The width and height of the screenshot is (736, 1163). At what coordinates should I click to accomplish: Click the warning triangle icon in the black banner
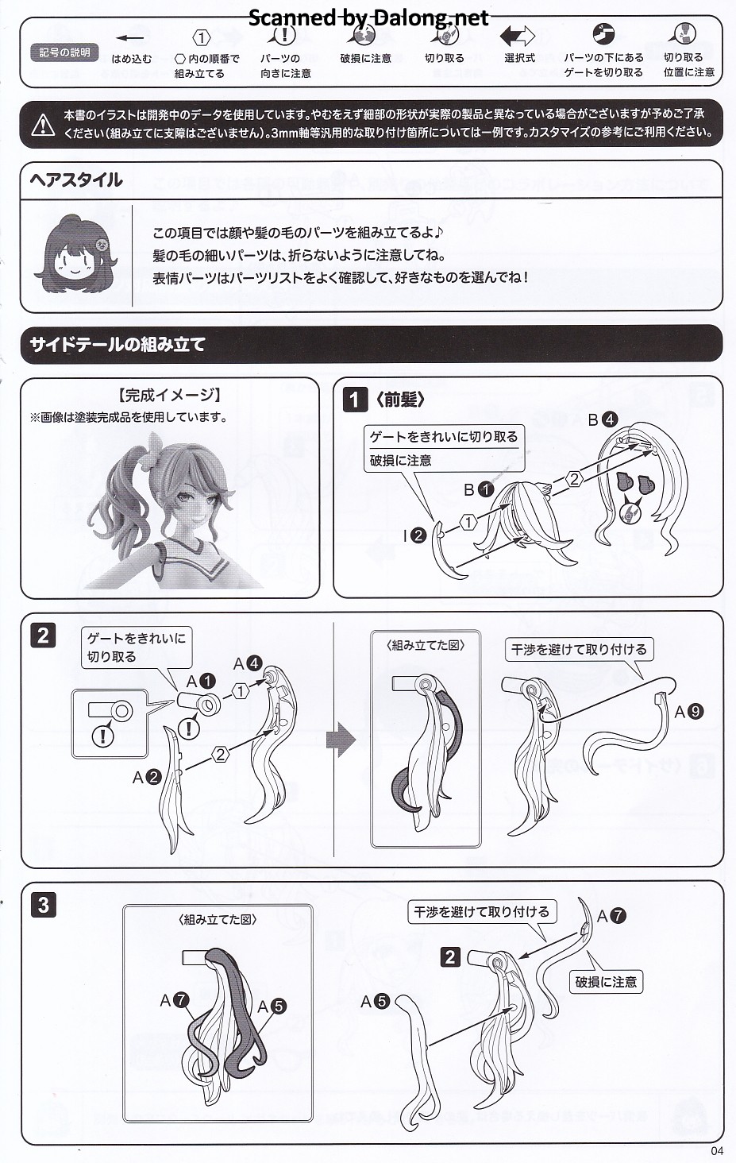43,125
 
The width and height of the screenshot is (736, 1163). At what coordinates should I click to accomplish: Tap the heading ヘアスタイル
76,180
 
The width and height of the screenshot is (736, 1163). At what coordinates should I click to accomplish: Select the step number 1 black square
355,400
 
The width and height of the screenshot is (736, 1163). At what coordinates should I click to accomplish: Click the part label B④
602,419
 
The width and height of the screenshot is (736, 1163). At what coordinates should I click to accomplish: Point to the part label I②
414,535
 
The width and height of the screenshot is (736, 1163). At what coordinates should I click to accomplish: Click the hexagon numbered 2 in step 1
573,479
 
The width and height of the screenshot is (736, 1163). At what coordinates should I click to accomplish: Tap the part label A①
200,681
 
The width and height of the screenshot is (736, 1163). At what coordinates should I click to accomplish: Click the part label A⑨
689,711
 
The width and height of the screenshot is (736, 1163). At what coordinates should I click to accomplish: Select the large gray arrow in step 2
341,740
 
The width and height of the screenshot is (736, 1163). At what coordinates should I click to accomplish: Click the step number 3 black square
44,905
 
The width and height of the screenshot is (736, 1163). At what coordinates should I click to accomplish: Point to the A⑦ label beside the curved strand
611,915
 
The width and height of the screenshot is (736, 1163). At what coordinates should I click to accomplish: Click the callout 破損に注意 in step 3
606,982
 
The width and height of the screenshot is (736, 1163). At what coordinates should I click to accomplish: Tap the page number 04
717,1151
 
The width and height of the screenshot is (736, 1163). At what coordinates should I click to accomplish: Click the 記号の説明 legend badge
64,52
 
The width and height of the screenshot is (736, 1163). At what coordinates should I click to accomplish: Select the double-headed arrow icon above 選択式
517,37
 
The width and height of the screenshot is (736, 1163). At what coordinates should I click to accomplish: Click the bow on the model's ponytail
156,446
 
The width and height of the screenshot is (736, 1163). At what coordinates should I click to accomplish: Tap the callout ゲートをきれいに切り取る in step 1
444,437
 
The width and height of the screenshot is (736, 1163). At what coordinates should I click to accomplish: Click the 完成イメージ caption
170,396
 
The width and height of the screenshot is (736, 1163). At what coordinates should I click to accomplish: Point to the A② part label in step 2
147,777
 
